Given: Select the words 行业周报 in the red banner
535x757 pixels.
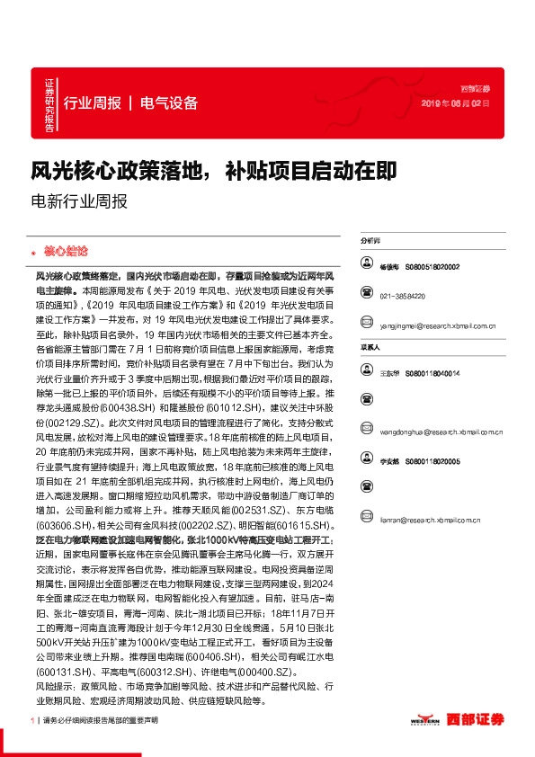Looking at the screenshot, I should (x=93, y=102).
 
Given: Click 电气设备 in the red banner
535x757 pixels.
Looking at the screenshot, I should (x=169, y=102).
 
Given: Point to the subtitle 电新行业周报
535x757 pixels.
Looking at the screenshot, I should (x=80, y=202).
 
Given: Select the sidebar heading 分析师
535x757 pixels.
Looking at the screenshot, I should (x=370, y=242).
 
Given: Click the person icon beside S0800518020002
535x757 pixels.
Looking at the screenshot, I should (x=367, y=266).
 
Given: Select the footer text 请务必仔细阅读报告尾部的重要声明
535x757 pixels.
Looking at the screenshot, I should (x=100, y=720).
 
